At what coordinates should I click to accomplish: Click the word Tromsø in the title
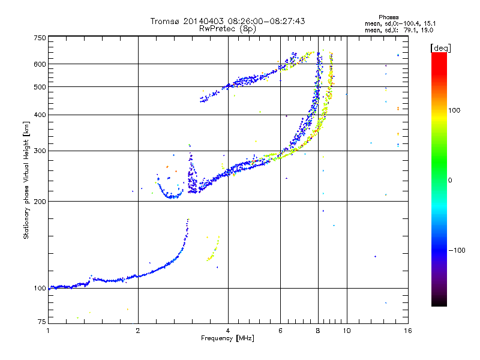coord(164,22)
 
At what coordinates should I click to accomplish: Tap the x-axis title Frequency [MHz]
coord(227,339)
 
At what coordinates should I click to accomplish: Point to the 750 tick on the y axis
coord(40,37)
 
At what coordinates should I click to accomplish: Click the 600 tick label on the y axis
coord(40,64)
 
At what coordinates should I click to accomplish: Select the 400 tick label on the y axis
coord(40,115)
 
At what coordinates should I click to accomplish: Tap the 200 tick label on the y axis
coord(40,201)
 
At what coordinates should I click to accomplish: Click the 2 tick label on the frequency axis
coord(138,331)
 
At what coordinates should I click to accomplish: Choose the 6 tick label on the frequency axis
coord(280,331)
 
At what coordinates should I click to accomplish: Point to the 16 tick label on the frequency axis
coord(407,331)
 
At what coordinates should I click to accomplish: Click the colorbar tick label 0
coord(451,180)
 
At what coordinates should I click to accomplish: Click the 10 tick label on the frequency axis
coord(346,331)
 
